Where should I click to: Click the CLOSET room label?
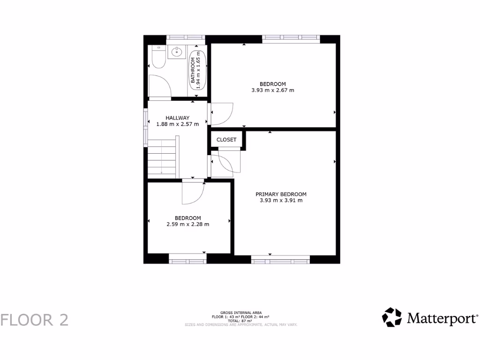[x=226, y=140]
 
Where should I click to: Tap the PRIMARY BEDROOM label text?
[x=281, y=194]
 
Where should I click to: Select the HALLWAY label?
[x=177, y=118]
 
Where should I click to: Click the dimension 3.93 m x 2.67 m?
[x=273, y=90]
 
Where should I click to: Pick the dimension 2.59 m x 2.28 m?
[x=187, y=224]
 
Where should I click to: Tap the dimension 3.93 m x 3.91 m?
[x=281, y=201]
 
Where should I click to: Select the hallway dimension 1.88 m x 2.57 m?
[x=177, y=124]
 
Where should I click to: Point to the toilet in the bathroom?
[x=157, y=58]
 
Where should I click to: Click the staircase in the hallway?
[x=162, y=157]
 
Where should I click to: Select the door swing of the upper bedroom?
[x=222, y=113]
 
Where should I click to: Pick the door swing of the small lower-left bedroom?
[x=193, y=192]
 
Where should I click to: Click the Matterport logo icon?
[x=392, y=317]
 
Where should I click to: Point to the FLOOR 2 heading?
[x=35, y=320]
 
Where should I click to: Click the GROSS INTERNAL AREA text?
[x=241, y=312]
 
